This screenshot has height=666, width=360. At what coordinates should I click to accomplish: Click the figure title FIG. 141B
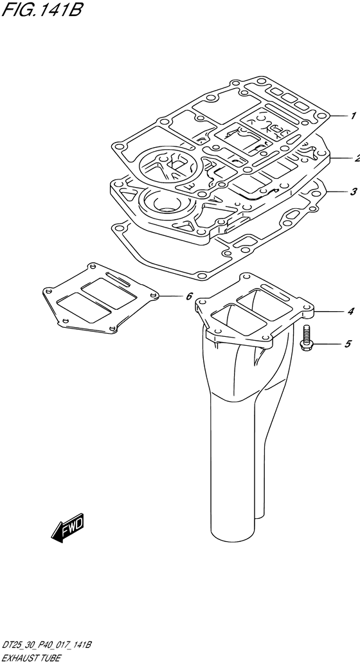point(41,10)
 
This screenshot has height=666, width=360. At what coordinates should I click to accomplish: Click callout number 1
point(353,116)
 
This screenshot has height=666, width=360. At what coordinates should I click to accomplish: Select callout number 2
point(357,158)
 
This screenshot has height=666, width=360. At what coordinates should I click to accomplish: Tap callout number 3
point(353,192)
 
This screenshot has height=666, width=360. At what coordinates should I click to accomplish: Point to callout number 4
point(350,312)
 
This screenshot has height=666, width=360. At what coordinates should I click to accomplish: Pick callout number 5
point(348,344)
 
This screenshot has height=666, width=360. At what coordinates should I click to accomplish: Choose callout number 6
point(190,296)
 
